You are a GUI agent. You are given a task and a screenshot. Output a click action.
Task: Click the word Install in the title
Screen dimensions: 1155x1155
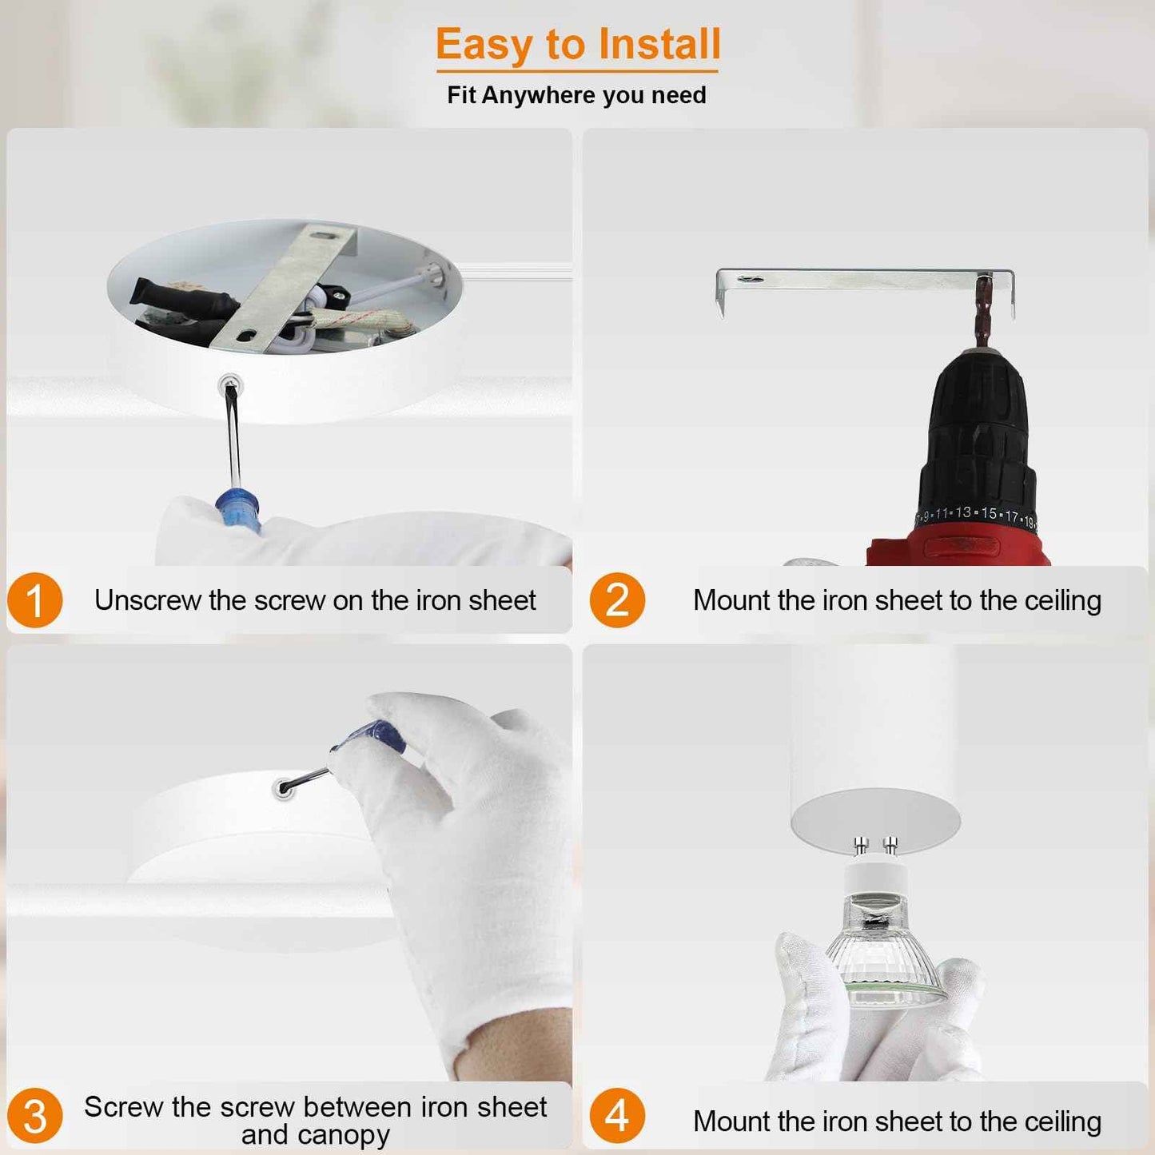(659, 45)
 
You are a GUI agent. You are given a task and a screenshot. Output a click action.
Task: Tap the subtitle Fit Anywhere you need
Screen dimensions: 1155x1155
(576, 95)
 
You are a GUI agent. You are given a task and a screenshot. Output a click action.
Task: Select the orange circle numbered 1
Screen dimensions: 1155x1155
(35, 600)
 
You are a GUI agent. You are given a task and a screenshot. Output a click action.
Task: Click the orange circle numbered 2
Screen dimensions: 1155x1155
(617, 600)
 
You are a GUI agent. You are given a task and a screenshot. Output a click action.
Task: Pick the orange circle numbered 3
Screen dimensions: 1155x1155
(35, 1116)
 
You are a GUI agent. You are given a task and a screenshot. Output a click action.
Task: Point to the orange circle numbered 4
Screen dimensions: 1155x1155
(617, 1116)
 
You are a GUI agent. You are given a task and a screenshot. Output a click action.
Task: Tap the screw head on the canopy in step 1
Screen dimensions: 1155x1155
(230, 386)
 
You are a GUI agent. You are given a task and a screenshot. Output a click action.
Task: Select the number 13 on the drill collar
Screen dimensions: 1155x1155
(963, 512)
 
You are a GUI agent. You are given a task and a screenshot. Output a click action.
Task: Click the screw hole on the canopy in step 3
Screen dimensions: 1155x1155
(282, 790)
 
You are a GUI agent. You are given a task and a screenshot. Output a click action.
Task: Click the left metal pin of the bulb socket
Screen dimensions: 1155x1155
(861, 846)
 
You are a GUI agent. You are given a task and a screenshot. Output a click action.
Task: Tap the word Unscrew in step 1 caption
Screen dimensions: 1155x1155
(147, 600)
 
